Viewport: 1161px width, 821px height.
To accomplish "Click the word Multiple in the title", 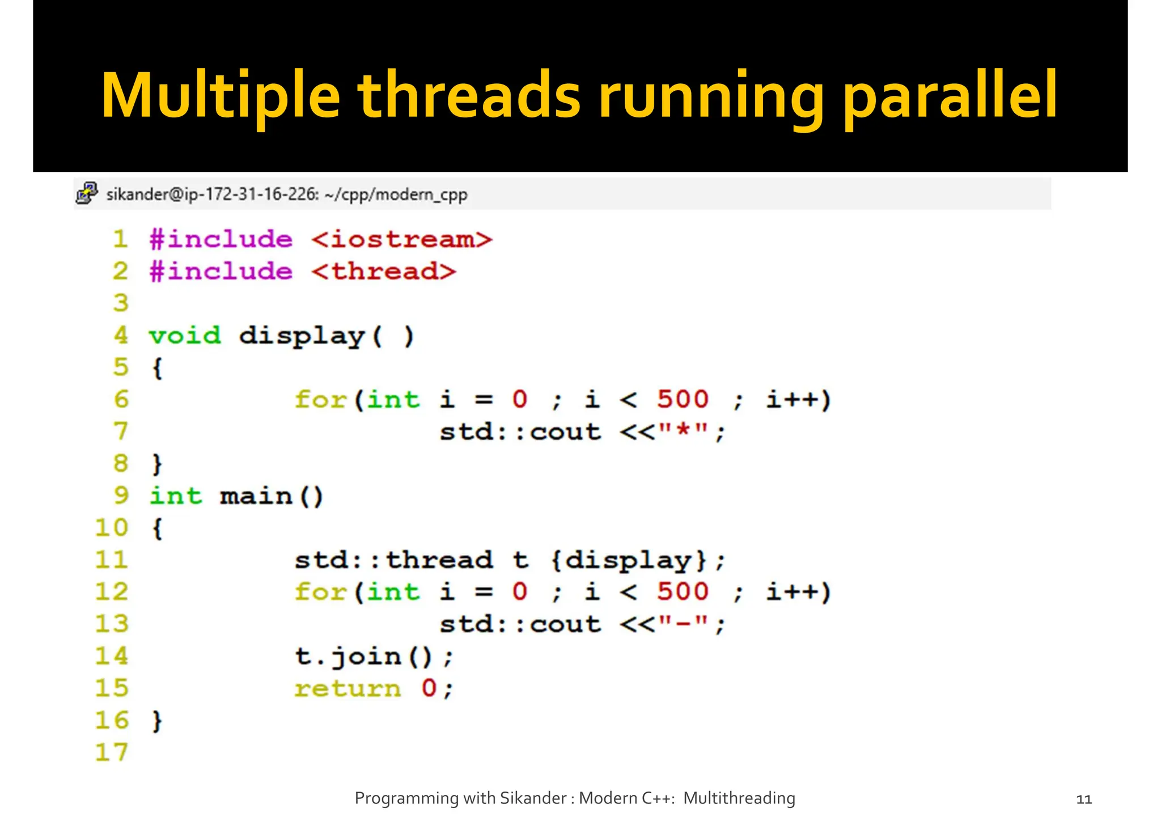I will click(220, 95).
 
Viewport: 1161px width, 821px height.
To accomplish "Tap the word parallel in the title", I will click(950, 95).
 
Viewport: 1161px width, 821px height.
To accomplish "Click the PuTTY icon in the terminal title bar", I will click(87, 193).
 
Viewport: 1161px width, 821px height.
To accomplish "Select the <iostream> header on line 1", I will click(402, 239).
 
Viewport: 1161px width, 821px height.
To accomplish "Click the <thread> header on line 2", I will click(384, 272).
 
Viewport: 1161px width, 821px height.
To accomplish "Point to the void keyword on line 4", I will click(185, 336).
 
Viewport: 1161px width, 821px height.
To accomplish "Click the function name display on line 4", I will click(302, 336).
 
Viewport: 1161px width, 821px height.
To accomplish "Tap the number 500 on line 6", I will click(683, 400).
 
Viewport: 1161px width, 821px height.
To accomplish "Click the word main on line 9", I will click(256, 496).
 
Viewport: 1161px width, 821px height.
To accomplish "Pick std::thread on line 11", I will click(393, 560).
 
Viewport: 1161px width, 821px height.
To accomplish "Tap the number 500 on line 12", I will click(683, 592).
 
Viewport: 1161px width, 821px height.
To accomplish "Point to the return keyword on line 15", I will click(347, 688).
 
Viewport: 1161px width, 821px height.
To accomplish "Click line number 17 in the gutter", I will click(112, 752).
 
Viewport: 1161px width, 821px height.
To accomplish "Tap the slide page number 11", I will click(1083, 799).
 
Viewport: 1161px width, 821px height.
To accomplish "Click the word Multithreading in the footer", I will click(739, 798).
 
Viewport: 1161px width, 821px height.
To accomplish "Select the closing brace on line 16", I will click(158, 721).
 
